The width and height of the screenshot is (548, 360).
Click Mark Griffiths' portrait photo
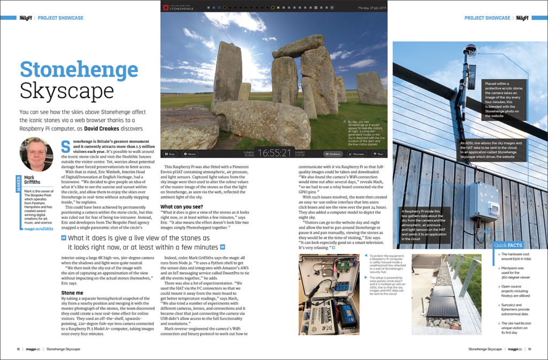tap(36, 154)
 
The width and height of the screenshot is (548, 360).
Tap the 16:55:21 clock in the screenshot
tap(274, 153)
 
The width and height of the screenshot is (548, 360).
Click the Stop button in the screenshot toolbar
tap(170, 154)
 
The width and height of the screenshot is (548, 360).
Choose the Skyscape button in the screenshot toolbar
tap(357, 154)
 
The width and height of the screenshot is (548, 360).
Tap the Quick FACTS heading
tap(508, 245)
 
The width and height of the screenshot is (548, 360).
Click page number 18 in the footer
tap(18, 349)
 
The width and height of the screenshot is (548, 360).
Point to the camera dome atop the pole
tap(470, 50)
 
